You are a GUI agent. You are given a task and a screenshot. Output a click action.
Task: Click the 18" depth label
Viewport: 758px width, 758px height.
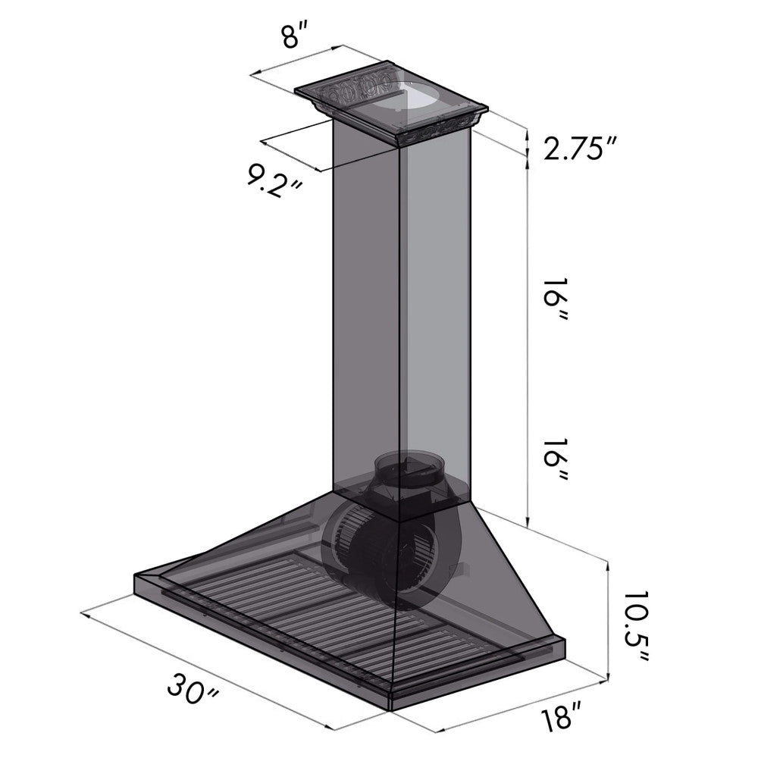(x=562, y=717)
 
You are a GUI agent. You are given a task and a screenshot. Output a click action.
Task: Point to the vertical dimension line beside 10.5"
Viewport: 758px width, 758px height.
(x=608, y=618)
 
